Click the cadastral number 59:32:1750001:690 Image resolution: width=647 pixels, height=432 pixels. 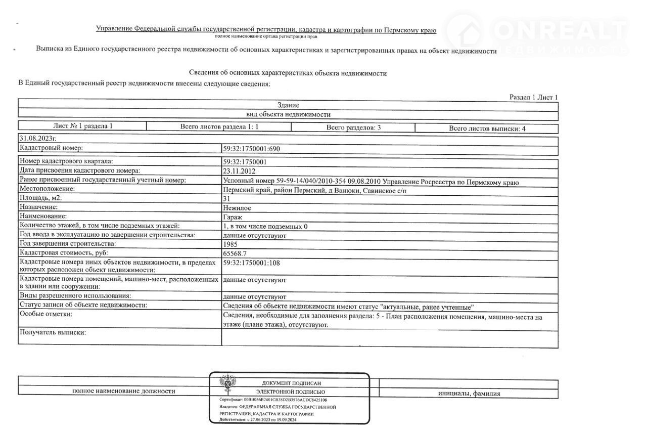(251, 149)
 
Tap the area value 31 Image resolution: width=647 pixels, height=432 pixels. (226, 199)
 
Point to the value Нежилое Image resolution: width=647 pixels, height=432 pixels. (237, 208)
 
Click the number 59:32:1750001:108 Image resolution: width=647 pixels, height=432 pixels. (251, 263)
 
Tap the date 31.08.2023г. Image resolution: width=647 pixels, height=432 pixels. (37, 138)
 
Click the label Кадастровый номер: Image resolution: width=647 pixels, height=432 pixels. (51, 148)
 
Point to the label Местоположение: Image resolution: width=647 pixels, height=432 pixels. (47, 189)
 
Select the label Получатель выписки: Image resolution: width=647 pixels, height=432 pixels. (53, 332)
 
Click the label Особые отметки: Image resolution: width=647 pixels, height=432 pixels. (45, 315)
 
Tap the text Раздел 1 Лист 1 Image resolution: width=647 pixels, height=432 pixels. (533, 97)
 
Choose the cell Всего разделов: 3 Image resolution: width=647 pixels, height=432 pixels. (353, 127)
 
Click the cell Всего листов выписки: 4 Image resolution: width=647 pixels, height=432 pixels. (487, 128)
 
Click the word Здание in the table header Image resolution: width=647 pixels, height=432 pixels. (288, 106)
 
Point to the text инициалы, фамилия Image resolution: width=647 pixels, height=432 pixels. (469, 394)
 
